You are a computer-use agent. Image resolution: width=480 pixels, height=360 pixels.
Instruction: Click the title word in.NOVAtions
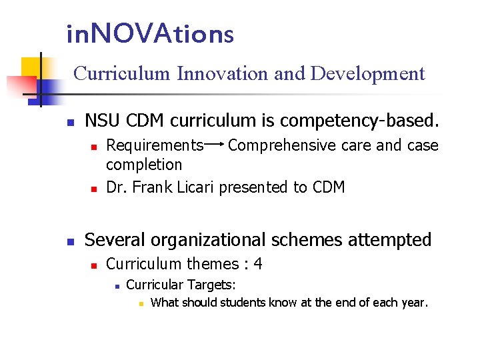tap(150, 33)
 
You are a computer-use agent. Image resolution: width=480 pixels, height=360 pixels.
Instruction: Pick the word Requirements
tap(155, 145)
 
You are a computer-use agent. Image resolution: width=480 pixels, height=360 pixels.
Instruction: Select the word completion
tap(144, 164)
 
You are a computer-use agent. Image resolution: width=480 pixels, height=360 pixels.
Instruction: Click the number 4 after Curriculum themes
tap(257, 264)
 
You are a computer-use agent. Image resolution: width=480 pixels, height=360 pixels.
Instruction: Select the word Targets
tap(211, 285)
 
